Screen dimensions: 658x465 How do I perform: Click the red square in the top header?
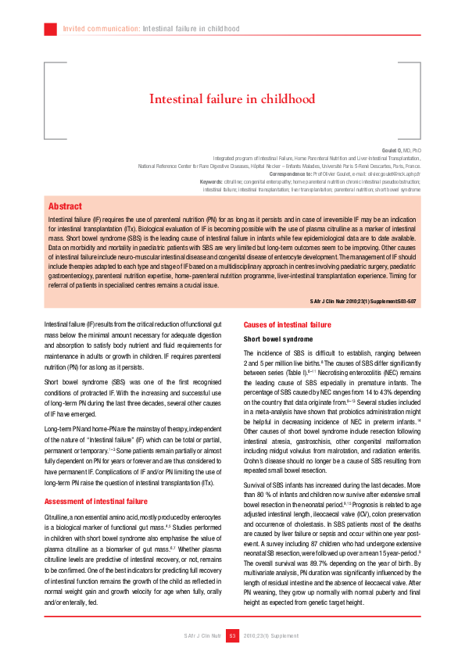(x=51, y=29)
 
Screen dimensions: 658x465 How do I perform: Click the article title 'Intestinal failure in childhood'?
(x=231, y=99)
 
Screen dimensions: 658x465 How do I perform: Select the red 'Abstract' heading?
(x=65, y=206)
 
